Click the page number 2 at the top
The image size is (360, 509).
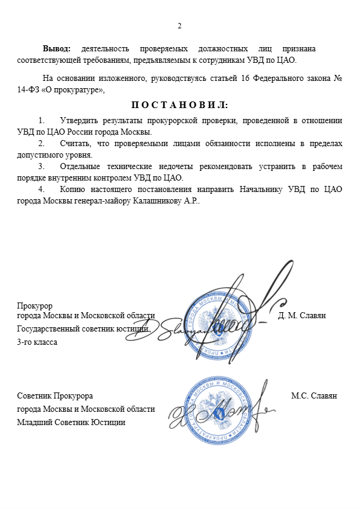coord(179,25)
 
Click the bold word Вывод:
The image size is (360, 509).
coord(57,48)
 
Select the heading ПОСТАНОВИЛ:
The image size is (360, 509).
coord(179,105)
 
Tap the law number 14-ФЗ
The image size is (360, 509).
coord(30,90)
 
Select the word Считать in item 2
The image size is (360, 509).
coord(75,144)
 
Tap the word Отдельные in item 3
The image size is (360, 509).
coord(80,167)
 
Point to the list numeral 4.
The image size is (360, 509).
coord(40,190)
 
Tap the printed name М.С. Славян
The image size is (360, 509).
coord(313,396)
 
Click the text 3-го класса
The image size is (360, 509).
coord(37,342)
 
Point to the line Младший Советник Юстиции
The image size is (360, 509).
coord(71,422)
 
